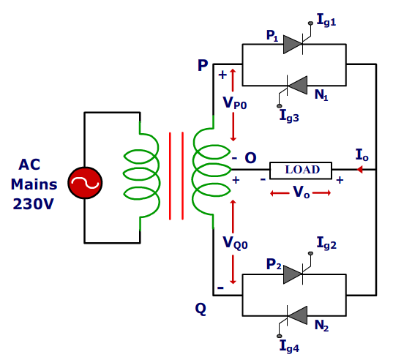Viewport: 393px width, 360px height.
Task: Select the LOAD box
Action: pos(302,170)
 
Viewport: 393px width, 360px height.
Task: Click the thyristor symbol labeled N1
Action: pos(296,85)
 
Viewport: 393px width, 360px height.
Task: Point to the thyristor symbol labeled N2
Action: pos(296,315)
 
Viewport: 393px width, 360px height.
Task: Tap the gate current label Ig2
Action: pos(326,244)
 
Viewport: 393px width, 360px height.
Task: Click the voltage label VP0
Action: pos(236,102)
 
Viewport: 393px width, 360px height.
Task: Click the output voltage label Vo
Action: pos(302,192)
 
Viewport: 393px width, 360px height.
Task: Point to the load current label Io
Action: pos(362,155)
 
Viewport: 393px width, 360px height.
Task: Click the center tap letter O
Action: pos(250,158)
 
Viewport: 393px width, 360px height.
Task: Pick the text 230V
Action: pos(33,204)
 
